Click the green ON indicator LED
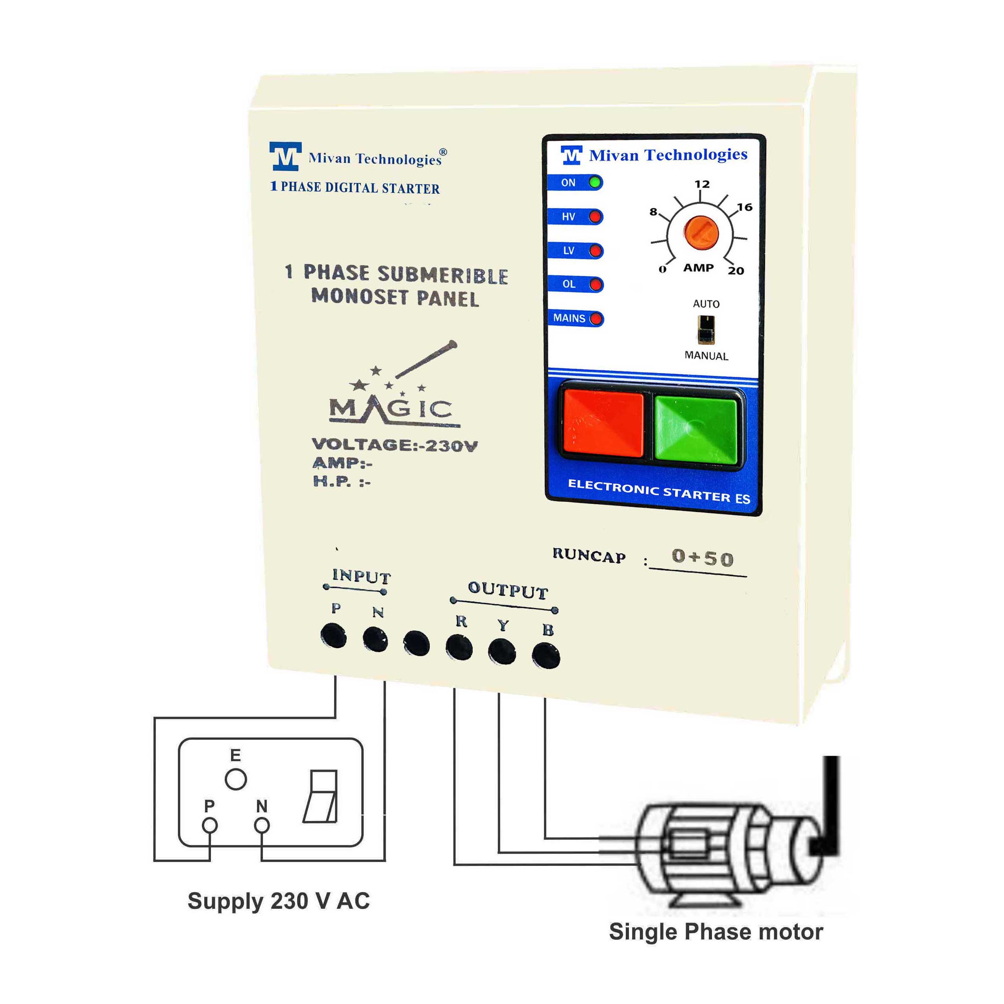click(595, 182)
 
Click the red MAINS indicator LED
click(596, 318)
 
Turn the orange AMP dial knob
click(701, 233)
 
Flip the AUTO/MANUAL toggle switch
click(706, 329)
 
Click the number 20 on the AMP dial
click(736, 271)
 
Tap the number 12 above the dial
click(702, 184)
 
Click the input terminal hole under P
click(334, 635)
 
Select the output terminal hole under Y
click(502, 652)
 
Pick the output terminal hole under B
click(546, 656)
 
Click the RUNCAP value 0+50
click(703, 558)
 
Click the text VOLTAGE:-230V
click(394, 445)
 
